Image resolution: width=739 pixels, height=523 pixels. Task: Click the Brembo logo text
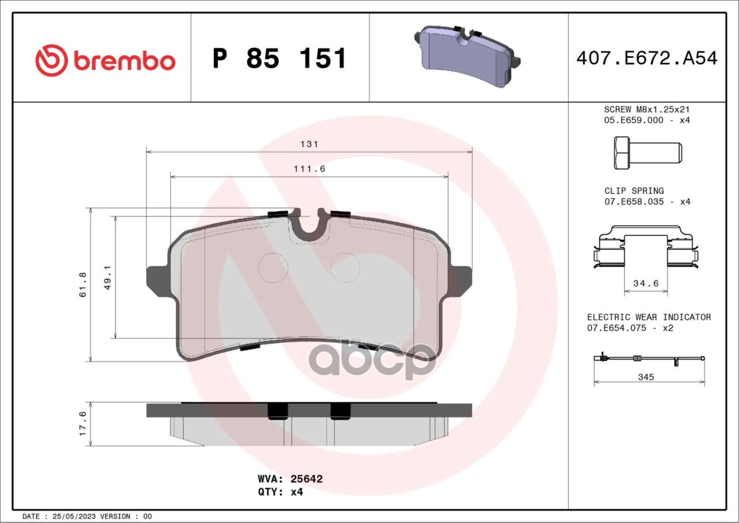(125, 61)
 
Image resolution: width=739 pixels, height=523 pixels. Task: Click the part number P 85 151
(279, 58)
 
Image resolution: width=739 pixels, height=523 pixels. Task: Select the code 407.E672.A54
(647, 58)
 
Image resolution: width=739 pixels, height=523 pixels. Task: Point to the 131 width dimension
(309, 144)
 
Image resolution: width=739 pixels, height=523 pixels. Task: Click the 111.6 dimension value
(309, 169)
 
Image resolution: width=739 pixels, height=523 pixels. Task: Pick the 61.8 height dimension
(83, 285)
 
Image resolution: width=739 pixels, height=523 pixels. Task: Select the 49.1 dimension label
(107, 278)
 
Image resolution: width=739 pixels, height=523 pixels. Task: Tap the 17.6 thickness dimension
(83, 423)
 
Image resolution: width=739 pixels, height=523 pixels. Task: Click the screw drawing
(648, 153)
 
